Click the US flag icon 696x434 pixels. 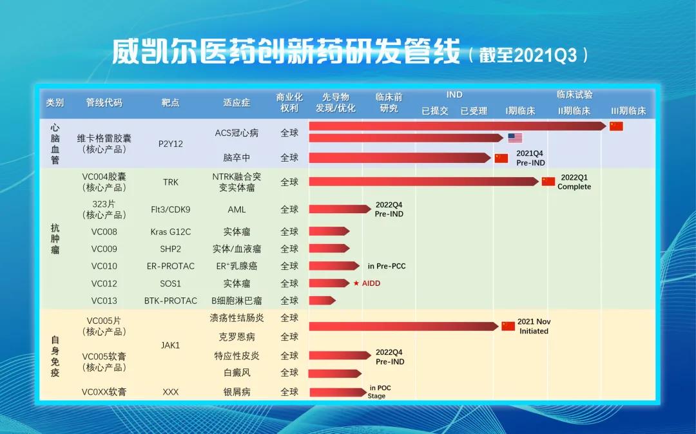[x=515, y=138]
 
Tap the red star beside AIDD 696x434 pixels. [x=356, y=283]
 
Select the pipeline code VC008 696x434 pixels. [x=104, y=232]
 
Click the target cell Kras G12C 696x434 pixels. [x=171, y=232]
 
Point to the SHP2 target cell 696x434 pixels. [x=171, y=249]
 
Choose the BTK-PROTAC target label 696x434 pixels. [x=171, y=301]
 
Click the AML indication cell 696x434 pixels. [x=237, y=210]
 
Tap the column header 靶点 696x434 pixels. [x=171, y=102]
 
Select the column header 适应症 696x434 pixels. [x=237, y=102]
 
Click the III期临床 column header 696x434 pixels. [x=628, y=111]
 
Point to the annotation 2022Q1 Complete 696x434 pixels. [x=574, y=182]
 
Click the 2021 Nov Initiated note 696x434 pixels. [x=534, y=326]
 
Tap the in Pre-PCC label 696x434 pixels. [x=387, y=266]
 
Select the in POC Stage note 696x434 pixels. [x=380, y=392]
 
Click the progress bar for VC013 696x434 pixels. [x=322, y=301]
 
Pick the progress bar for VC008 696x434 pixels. [x=329, y=232]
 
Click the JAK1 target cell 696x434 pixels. [x=171, y=345]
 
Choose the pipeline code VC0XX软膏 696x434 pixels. [x=104, y=392]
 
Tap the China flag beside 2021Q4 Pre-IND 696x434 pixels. [x=501, y=158]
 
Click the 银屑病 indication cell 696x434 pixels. [x=237, y=392]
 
